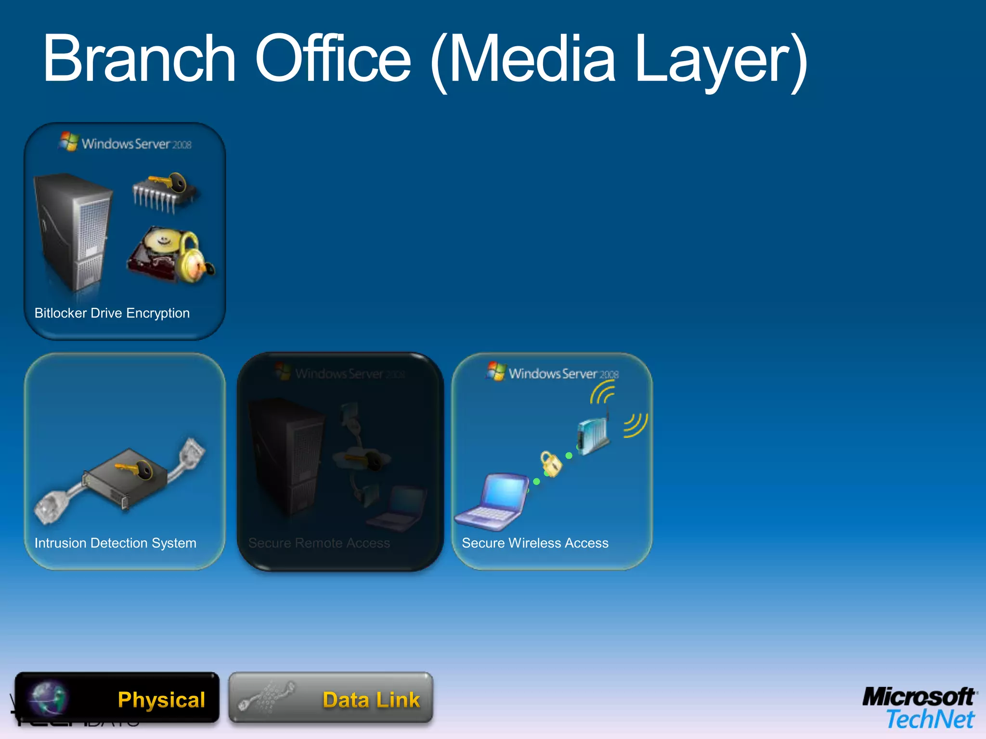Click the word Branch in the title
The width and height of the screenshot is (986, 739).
pyautogui.click(x=140, y=59)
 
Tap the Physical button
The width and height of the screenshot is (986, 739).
pyautogui.click(x=117, y=698)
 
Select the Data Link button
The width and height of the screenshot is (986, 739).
pyautogui.click(x=331, y=698)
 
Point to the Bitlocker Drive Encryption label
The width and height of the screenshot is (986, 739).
pyautogui.click(x=112, y=313)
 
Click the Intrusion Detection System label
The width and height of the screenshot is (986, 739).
pyautogui.click(x=116, y=543)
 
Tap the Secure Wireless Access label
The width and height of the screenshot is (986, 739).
pyautogui.click(x=535, y=543)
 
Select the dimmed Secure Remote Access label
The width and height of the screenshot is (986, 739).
pyautogui.click(x=319, y=543)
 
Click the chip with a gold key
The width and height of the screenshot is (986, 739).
pyautogui.click(x=164, y=192)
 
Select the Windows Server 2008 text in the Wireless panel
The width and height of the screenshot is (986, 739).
pyautogui.click(x=564, y=374)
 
